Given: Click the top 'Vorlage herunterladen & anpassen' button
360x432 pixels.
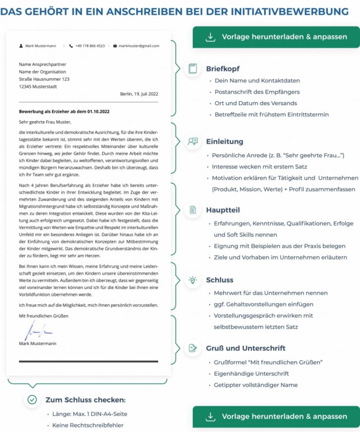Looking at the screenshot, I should (276, 37).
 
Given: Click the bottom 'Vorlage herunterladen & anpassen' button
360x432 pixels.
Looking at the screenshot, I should (276, 416).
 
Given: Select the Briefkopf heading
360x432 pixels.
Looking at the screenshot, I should (223, 69).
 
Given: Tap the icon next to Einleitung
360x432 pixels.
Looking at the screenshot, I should (192, 142).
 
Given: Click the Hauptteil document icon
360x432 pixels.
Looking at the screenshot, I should (192, 210).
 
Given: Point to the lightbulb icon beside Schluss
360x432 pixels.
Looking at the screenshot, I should (192, 280).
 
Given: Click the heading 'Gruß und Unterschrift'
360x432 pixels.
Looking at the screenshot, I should (246, 348).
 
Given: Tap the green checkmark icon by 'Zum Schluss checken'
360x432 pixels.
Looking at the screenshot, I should (32, 400).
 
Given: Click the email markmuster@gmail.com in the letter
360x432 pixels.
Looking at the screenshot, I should (139, 46).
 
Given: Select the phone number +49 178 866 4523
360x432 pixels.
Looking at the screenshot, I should (90, 46).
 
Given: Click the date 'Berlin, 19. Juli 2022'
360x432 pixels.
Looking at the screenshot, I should (139, 94).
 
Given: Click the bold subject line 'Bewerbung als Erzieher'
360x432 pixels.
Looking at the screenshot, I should (64, 111).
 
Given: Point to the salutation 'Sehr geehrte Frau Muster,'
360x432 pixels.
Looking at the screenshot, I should (45, 122).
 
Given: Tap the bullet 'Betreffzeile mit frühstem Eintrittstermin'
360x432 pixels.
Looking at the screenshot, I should (272, 114).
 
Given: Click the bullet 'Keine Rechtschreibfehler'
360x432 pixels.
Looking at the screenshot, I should (88, 425).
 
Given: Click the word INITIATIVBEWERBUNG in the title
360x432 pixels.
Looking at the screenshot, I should (294, 11).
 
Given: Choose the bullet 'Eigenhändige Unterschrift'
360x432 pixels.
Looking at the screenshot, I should (251, 373).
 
